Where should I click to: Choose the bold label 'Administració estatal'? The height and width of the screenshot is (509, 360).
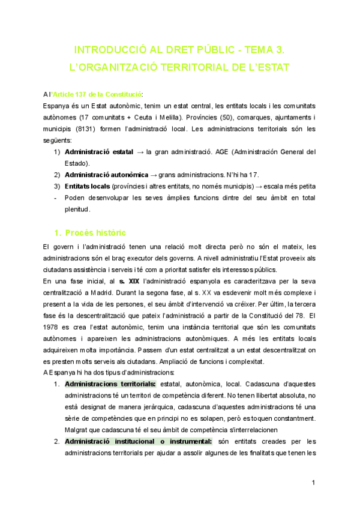point(98,152)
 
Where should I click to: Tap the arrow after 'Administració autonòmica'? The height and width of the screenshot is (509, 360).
point(154,175)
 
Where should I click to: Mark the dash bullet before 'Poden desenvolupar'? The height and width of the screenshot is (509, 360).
point(56,198)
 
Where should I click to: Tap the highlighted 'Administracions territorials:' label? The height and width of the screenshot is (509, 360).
point(110,384)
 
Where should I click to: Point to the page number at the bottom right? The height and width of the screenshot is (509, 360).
point(314,483)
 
